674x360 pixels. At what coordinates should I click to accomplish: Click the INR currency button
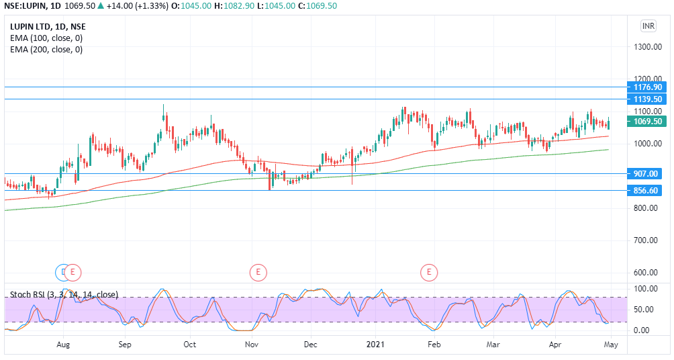tap(648, 26)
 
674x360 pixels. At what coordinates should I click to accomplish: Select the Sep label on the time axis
tap(125, 345)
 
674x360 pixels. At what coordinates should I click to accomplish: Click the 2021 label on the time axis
tap(375, 345)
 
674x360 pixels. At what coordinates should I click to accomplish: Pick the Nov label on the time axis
tap(252, 345)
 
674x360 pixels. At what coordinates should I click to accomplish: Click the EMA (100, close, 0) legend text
tap(46, 38)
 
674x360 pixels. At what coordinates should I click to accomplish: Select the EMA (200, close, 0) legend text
tap(46, 49)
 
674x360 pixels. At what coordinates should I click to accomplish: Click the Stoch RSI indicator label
tap(64, 295)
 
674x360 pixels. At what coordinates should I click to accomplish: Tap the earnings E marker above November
tap(258, 272)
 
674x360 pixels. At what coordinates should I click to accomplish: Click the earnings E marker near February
tap(429, 272)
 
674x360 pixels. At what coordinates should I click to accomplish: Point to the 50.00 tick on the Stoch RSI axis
tap(644, 310)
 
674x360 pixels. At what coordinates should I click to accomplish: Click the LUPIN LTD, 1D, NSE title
tap(48, 27)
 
